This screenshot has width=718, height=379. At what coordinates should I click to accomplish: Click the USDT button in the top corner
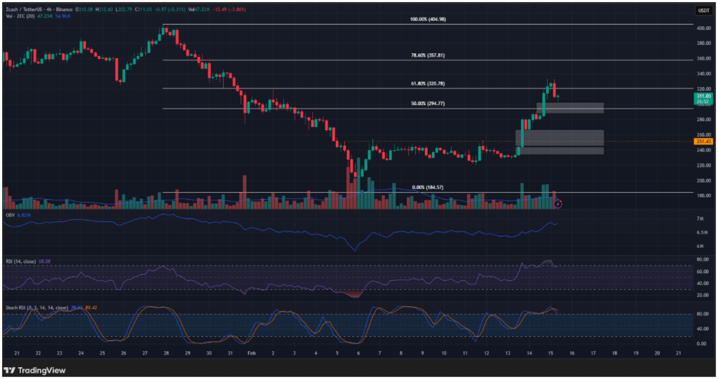[703, 10]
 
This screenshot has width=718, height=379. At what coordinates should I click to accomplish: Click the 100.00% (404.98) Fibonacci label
[428, 20]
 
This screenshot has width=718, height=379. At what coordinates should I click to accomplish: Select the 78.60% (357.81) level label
[428, 55]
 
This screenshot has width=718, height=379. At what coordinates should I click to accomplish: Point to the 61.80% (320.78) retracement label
[428, 83]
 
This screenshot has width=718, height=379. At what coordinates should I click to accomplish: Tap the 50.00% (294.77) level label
[428, 104]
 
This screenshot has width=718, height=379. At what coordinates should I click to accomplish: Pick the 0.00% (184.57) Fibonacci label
[428, 187]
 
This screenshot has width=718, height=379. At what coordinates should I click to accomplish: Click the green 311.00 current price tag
[703, 96]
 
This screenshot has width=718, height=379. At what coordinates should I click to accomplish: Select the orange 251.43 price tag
[703, 142]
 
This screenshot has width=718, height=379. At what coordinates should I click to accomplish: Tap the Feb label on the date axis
[251, 354]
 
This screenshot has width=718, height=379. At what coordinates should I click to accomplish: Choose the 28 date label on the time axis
[166, 354]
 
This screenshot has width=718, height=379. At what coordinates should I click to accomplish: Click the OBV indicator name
[11, 215]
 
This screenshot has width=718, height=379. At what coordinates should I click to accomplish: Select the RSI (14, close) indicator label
[21, 261]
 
